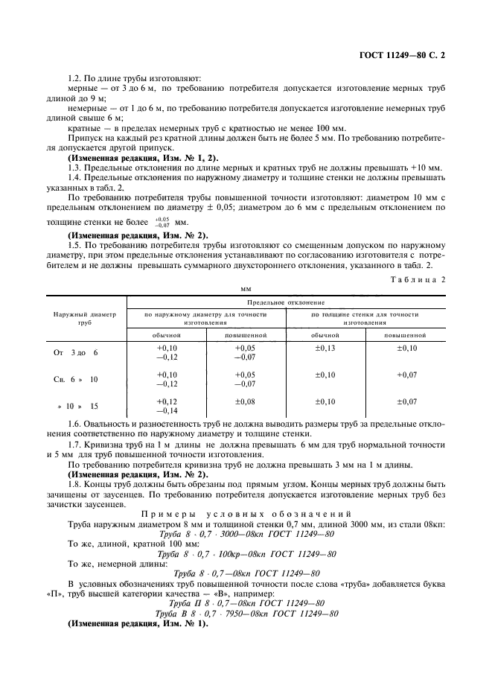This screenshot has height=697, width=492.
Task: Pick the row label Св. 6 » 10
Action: (76, 379)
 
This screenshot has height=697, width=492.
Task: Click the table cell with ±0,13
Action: (325, 348)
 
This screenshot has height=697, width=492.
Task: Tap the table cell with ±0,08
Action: (245, 402)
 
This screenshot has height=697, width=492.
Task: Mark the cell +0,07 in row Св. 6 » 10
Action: (406, 375)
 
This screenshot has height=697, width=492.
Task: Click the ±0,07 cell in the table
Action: (406, 402)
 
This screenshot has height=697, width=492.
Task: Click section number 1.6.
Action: (75, 423)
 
